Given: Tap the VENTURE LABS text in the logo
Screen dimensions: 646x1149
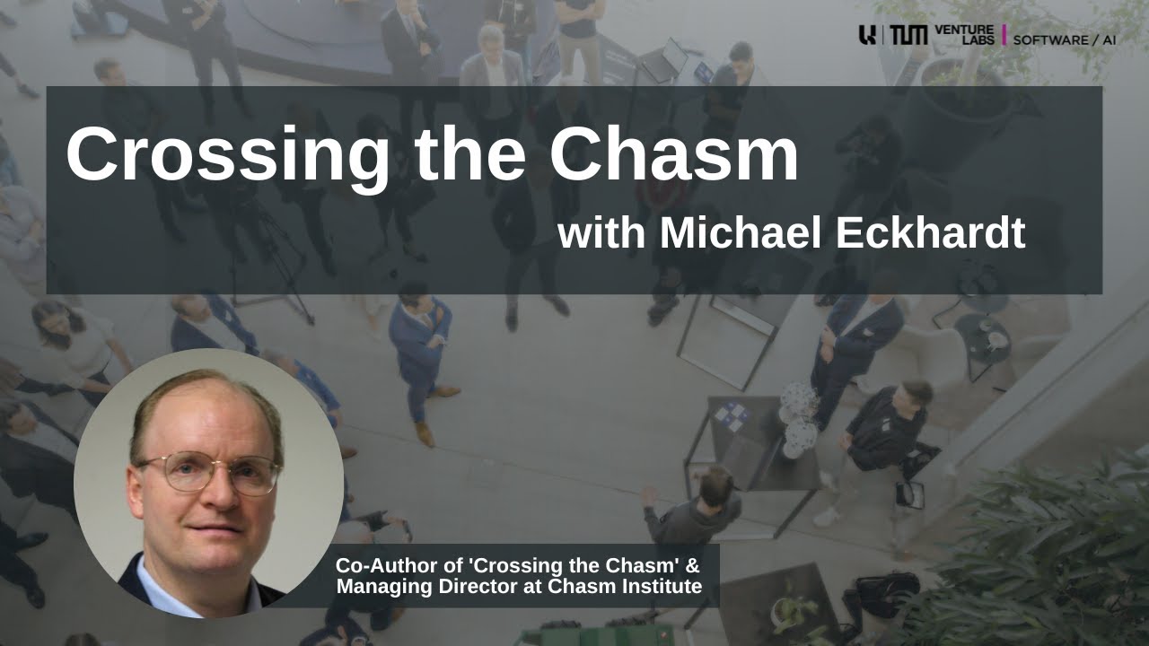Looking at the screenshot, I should [964, 35].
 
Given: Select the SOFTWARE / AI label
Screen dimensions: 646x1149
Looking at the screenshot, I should [1065, 39].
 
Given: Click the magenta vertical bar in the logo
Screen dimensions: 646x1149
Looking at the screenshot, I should [1004, 35].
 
